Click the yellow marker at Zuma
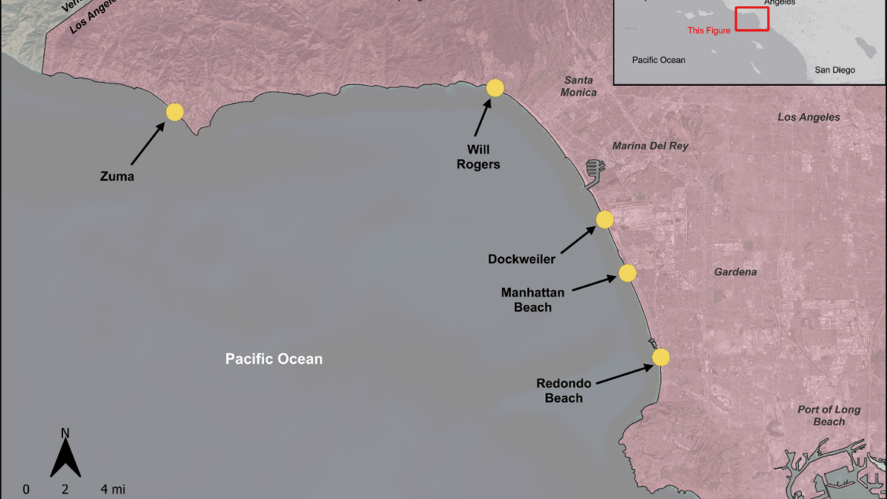coord(174,112)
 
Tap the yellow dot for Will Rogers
coord(495,88)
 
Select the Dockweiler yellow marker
coord(604,220)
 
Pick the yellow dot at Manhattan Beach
coord(627,273)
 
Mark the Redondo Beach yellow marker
coord(661,357)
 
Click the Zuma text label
coord(117,177)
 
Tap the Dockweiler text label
coord(522,259)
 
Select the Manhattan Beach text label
coord(532,300)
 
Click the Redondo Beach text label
coord(564,391)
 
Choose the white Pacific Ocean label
coord(274,359)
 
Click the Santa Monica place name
coord(579,86)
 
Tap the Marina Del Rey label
coord(650,146)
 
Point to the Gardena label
coord(735,271)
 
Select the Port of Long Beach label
coord(829,416)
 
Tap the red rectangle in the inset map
coord(752,19)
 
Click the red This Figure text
coord(709,30)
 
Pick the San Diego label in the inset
coord(835,70)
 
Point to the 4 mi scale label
coord(113,490)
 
